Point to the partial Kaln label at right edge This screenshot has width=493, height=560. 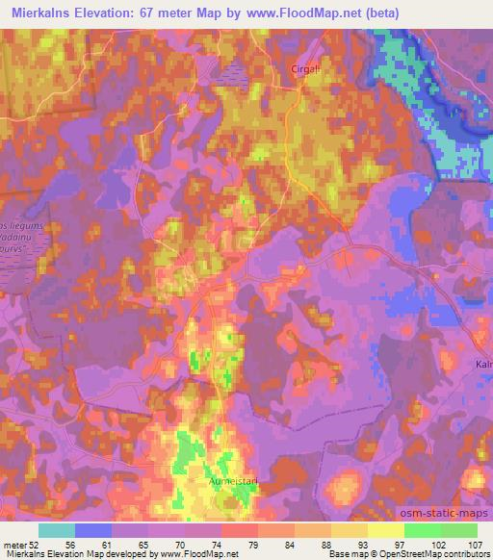tap(483, 365)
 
